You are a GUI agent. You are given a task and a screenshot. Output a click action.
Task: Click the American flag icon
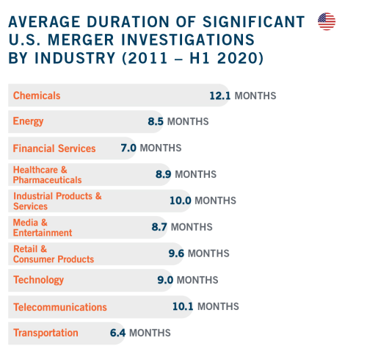pos(327,21)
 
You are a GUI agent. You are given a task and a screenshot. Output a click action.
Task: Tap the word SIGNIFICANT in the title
pos(254,22)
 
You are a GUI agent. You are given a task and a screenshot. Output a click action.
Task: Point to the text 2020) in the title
pos(240,58)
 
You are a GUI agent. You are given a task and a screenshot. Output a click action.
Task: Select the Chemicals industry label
pos(37,96)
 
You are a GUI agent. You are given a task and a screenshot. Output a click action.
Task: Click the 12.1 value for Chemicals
pos(220,96)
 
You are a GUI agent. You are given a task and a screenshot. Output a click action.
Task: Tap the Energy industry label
pos(28,121)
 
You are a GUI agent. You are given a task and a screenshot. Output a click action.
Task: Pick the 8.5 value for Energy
pos(156,121)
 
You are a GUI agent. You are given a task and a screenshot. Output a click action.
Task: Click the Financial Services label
pos(54,148)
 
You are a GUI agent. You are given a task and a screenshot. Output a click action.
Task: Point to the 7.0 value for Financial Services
pos(128,148)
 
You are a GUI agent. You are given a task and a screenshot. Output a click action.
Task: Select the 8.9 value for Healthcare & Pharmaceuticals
pos(164,174)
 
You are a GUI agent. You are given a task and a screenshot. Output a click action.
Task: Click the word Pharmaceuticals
pos(48,180)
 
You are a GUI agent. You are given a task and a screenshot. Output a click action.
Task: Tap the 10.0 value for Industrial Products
pos(181,201)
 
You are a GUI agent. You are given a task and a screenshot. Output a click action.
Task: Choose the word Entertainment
pos(43,233)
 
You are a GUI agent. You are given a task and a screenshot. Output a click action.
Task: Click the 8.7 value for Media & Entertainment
pos(159,227)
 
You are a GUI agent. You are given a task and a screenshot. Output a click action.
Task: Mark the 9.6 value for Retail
pos(176,253)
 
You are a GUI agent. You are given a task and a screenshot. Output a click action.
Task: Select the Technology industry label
pos(38,280)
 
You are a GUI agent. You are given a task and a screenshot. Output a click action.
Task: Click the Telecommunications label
pos(60,307)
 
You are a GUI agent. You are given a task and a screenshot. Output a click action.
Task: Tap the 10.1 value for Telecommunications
pos(183,306)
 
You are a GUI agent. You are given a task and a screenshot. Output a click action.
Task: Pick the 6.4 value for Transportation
pos(117,333)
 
